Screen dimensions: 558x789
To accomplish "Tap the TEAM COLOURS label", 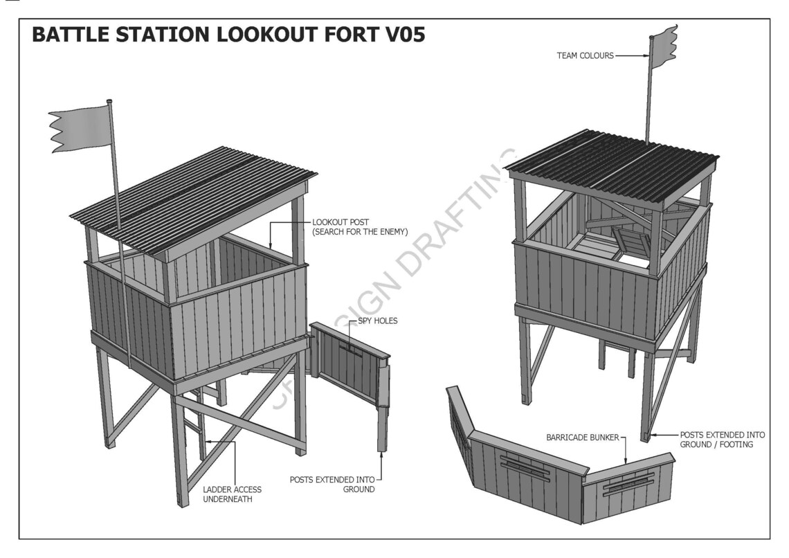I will point(585,55).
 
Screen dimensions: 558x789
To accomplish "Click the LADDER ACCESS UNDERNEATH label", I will point(232,494).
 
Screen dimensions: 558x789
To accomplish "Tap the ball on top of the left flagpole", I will point(109,103).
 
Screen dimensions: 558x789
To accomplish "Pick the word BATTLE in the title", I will point(72,35).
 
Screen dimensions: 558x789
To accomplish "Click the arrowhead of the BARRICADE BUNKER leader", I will point(626,462).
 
